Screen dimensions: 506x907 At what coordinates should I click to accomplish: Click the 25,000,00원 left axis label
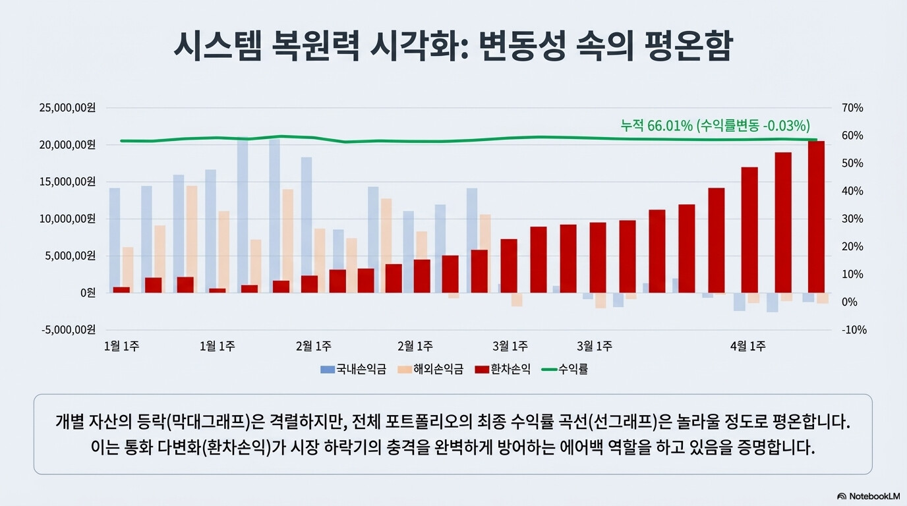67,107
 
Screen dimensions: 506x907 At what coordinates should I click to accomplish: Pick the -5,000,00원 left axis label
67,329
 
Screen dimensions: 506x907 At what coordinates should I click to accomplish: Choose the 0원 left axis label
88,293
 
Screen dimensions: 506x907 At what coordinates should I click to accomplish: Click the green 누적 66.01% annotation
715,125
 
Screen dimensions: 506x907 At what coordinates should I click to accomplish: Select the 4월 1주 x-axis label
747,346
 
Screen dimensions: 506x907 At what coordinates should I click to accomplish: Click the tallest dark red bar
816,217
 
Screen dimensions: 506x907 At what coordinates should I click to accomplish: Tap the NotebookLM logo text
869,495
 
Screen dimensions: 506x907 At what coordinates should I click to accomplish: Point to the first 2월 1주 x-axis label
314,346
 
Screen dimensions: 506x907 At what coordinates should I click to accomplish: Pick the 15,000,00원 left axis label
67,181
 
